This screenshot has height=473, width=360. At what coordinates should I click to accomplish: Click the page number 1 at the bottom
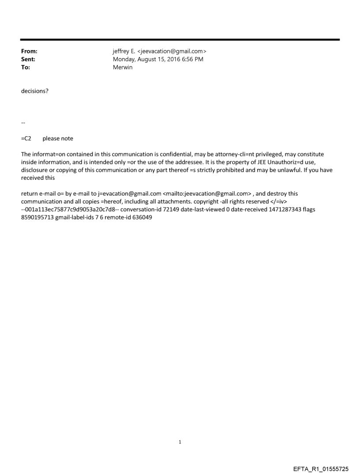pos(180,442)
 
